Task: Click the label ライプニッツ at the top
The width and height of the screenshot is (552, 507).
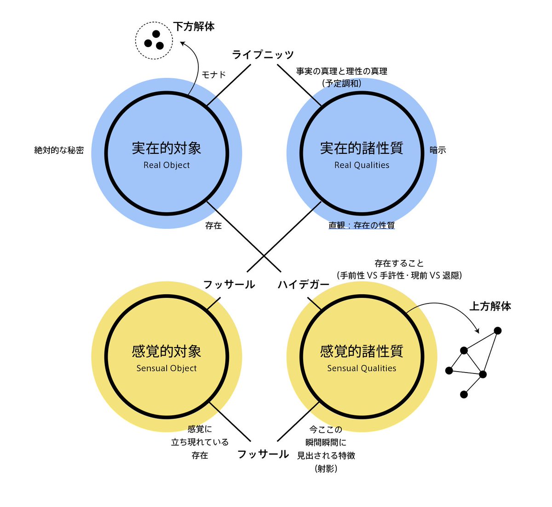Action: pyautogui.click(x=262, y=55)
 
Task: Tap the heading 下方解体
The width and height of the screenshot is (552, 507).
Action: pyautogui.click(x=194, y=26)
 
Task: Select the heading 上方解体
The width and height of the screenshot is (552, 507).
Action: pyautogui.click(x=490, y=306)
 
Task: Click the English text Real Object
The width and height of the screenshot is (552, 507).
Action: pyautogui.click(x=167, y=165)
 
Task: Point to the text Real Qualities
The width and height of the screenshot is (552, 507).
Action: pyautogui.click(x=362, y=165)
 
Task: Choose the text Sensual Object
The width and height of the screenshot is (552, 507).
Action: pyautogui.click(x=167, y=368)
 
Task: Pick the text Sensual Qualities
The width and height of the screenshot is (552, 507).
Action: pyautogui.click(x=362, y=368)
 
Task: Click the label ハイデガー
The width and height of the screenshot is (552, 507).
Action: pyautogui.click(x=304, y=285)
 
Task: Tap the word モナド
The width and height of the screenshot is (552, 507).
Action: pyautogui.click(x=213, y=75)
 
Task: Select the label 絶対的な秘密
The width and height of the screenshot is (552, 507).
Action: pyautogui.click(x=59, y=150)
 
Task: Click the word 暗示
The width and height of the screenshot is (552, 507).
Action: pyautogui.click(x=437, y=150)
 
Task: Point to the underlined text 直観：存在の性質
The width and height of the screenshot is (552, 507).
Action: pyautogui.click(x=362, y=225)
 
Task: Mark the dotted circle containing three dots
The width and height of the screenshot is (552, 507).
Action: pyautogui.click(x=154, y=41)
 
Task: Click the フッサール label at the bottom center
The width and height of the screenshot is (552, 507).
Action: pyautogui.click(x=263, y=455)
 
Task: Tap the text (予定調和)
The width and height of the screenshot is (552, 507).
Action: pyautogui.click(x=341, y=83)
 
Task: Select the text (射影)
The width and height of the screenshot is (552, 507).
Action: pyautogui.click(x=326, y=469)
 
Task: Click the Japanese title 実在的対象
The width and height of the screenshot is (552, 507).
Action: pyautogui.click(x=167, y=148)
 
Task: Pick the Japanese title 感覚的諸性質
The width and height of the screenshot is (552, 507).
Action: pyautogui.click(x=362, y=351)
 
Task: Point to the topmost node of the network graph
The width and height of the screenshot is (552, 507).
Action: pyautogui.click(x=497, y=331)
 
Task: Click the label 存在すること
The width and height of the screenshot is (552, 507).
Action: pyautogui.click(x=399, y=263)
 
